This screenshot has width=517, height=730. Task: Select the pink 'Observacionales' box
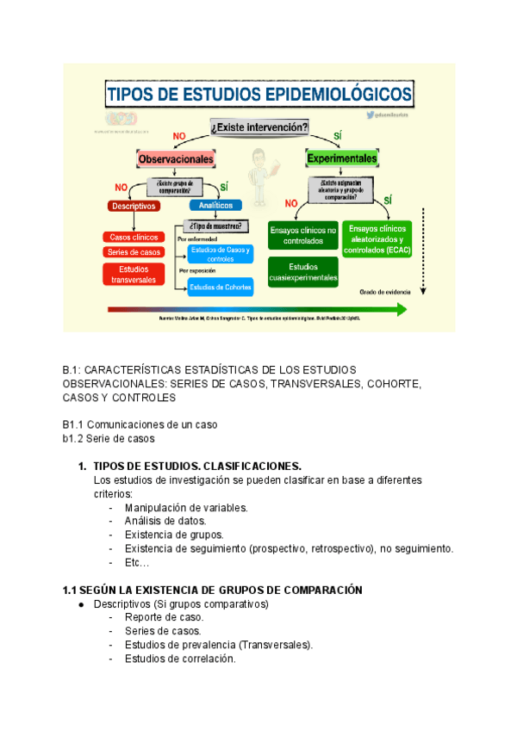pos(175,159)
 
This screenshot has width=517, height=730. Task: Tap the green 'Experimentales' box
pos(342,159)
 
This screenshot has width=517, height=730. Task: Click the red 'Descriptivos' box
pos(133,206)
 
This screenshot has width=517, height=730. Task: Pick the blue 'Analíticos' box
pos(216,206)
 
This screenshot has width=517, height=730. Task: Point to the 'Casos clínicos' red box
pos(133,237)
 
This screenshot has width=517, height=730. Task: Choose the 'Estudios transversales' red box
pos(133,274)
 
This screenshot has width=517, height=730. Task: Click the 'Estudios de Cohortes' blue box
pos(221,288)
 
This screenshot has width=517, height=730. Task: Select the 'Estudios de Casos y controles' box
pos(221,254)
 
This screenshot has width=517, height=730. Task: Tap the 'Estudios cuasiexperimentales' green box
pos(302,272)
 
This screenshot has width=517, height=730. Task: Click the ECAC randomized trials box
pos(377,238)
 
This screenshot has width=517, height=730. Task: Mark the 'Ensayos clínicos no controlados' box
pos(302,235)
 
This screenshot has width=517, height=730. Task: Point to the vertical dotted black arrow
pos(423,250)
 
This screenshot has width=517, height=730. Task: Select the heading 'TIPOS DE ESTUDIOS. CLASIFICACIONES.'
pos(197,467)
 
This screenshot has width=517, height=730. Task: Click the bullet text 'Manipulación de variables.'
pos(186,508)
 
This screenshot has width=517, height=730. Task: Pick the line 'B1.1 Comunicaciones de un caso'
pos(140,424)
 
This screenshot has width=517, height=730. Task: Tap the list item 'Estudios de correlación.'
pos(179,659)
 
